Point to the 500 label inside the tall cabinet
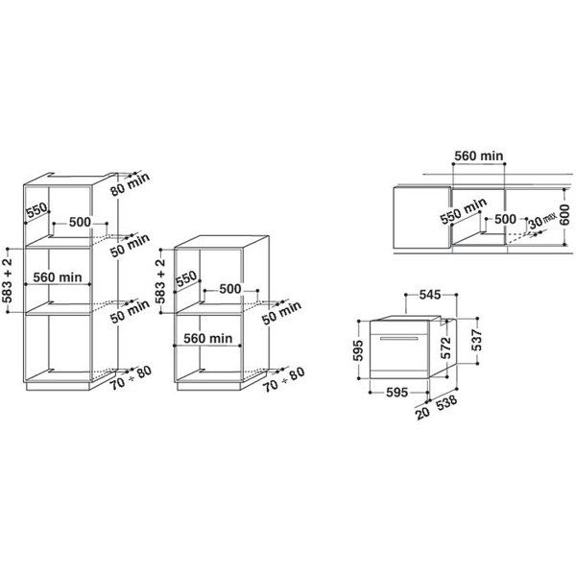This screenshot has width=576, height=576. [x=80, y=222]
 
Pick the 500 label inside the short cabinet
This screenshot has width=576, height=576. [x=230, y=288]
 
